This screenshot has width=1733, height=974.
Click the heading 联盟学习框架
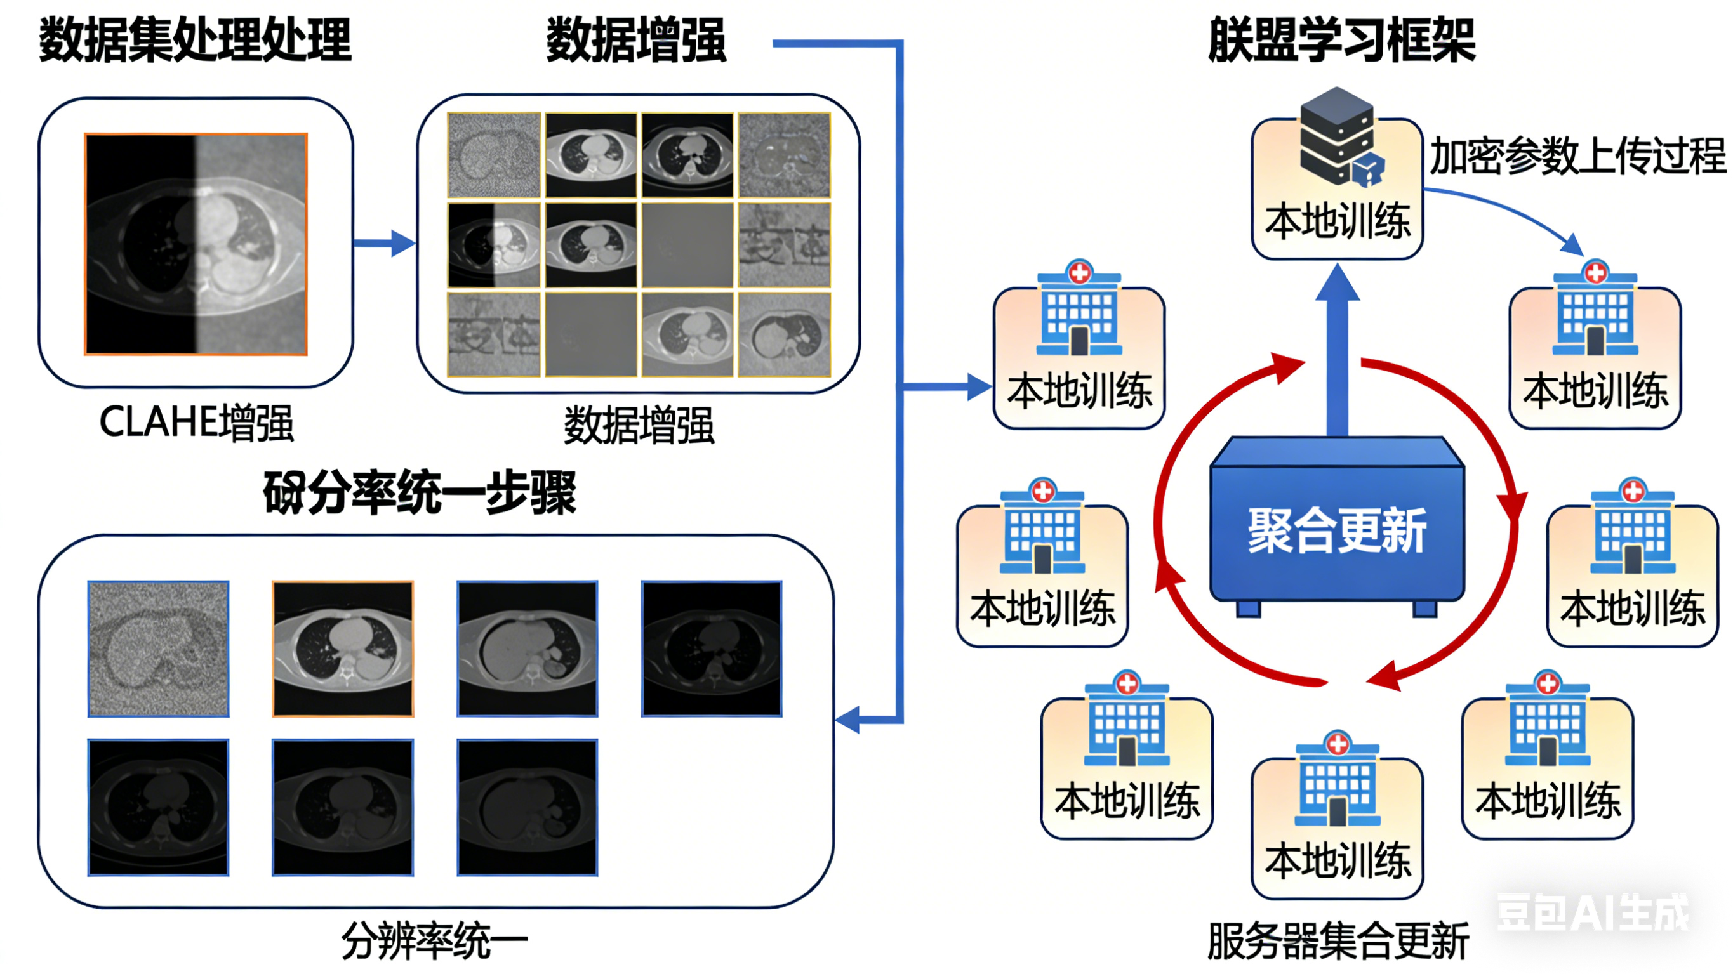[1341, 41]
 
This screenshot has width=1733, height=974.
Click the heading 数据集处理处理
[195, 41]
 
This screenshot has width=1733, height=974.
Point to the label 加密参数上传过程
[1577, 156]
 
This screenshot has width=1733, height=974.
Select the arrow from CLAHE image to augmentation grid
[384, 243]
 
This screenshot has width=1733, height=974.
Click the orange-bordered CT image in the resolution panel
[343, 649]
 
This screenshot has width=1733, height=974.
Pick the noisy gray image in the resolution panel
[159, 649]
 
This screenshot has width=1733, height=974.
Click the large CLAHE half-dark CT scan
[196, 244]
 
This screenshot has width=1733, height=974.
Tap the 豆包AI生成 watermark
[1591, 914]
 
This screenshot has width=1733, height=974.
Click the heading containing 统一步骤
[420, 492]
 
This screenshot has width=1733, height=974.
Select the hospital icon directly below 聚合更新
[1338, 780]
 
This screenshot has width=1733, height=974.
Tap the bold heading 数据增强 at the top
[635, 41]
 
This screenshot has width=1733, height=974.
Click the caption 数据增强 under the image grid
[639, 425]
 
